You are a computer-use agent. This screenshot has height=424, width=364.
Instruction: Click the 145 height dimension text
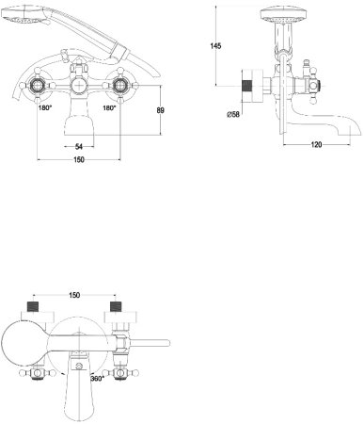point(215,46)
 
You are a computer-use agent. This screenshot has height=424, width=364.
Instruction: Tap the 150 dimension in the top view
point(74,295)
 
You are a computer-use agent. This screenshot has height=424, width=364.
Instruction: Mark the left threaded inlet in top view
point(33,308)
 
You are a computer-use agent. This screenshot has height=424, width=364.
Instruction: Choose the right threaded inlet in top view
point(117,308)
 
